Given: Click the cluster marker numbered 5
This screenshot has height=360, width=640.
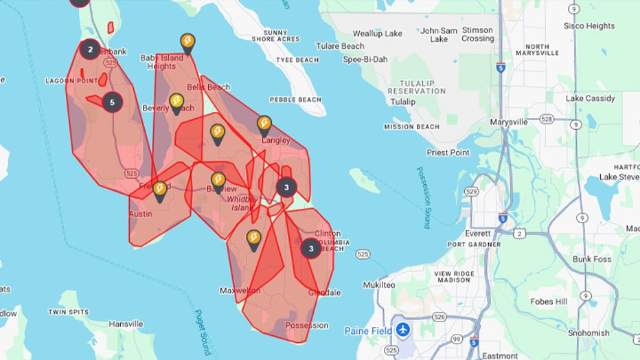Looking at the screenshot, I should [x=113, y=103].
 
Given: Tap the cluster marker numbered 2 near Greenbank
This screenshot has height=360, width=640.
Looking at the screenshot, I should [x=89, y=49].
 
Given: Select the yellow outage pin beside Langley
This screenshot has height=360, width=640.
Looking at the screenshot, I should [x=264, y=124].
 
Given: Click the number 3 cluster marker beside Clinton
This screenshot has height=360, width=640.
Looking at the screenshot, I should [x=311, y=249].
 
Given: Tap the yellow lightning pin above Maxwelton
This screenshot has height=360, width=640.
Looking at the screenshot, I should [x=253, y=239].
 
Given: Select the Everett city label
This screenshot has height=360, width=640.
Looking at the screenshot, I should [x=478, y=233].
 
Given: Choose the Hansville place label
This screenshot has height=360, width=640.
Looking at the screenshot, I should [x=126, y=324].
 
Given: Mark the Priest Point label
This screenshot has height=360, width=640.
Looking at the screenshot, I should [x=448, y=153].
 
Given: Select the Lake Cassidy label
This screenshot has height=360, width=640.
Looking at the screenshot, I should [x=590, y=98].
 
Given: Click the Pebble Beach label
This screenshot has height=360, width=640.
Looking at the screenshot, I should [x=295, y=100].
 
